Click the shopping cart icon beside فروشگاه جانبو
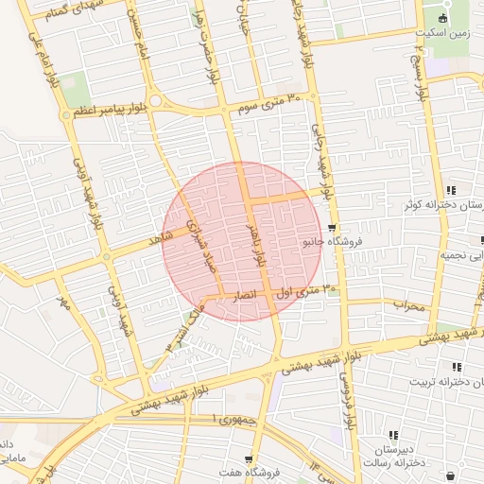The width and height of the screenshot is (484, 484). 332,229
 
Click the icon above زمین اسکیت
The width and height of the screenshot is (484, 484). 442,18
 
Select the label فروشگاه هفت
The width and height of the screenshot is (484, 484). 249,473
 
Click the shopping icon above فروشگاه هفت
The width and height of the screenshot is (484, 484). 249,459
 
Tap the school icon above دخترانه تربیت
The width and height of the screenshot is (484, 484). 457,367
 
